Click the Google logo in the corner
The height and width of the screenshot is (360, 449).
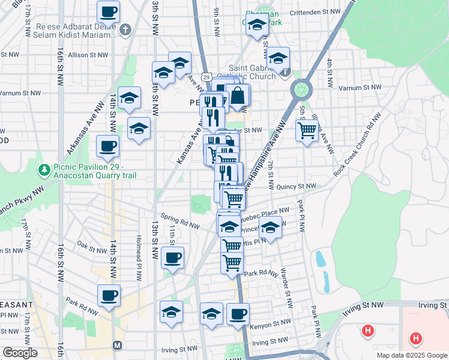coord(20,353)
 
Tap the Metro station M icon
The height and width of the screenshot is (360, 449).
coord(117,346)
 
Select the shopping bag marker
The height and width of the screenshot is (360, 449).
coord(238,96)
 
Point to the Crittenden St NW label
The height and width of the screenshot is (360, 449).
coord(315,12)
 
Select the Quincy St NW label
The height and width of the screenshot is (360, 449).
coord(296,187)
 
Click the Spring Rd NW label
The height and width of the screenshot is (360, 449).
coord(178,221)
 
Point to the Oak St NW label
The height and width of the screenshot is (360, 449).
coord(91,245)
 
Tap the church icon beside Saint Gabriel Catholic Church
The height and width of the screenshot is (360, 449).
coord(285,73)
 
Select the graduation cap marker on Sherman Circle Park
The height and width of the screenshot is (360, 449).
coord(257,25)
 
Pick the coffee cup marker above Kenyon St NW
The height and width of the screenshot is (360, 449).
coord(238,314)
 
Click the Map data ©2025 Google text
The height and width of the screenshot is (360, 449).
coord(412,355)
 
